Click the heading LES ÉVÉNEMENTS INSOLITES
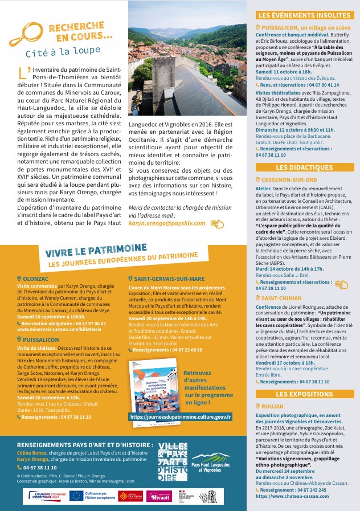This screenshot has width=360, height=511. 302,16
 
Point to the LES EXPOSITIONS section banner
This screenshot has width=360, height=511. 304,394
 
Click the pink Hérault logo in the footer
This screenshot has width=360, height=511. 159,496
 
